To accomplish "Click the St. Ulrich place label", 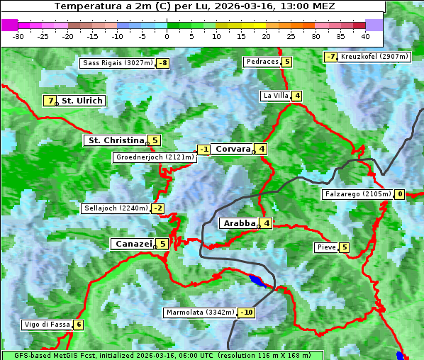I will click(x=82, y=101).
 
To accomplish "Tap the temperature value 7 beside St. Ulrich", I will click(x=49, y=101).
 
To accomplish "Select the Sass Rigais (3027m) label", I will click(x=118, y=63).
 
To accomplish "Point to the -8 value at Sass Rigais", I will click(x=163, y=63).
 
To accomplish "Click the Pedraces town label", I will click(x=262, y=62).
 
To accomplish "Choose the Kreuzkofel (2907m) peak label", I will click(x=374, y=56).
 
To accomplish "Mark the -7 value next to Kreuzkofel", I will click(x=330, y=57).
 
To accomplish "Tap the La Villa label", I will click(x=275, y=96).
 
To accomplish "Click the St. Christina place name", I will click(x=115, y=140).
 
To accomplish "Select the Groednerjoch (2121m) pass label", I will click(x=155, y=157).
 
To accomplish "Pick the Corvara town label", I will click(x=233, y=149).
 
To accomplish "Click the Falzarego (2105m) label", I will click(x=357, y=194).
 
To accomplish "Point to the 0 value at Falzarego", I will click(x=400, y=194).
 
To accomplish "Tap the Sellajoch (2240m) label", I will click(x=116, y=208).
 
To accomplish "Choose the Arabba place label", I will click(x=239, y=223).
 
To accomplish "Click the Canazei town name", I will click(x=133, y=244).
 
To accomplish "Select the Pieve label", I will click(x=326, y=247).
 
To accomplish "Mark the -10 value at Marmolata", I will click(x=247, y=313).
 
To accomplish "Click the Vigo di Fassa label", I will click(x=47, y=325).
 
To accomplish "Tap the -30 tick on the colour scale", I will click(x=18, y=35).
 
